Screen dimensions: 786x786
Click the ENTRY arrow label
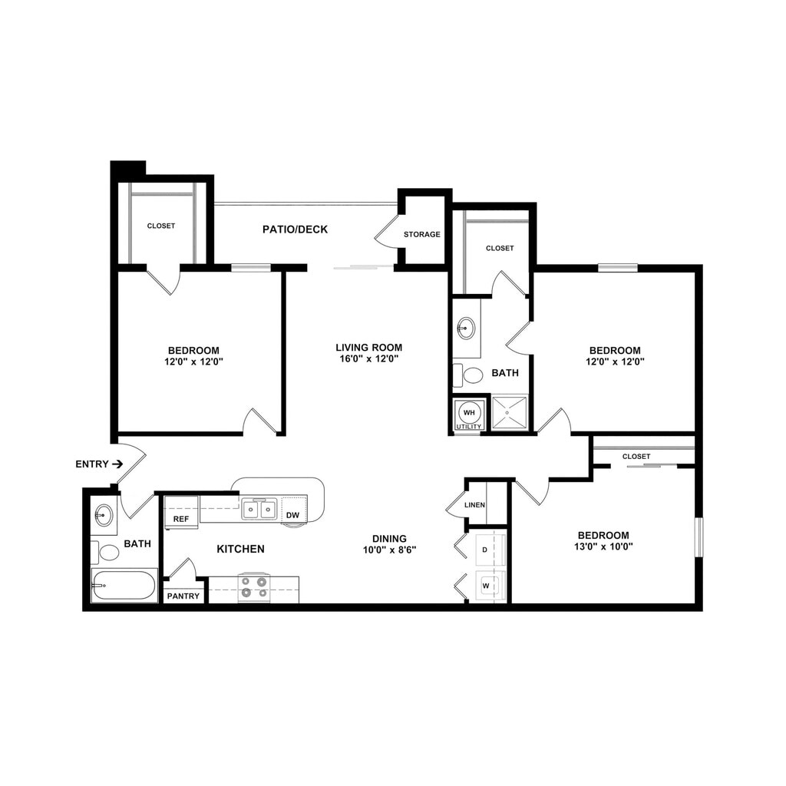(98, 464)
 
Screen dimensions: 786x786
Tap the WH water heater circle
(467, 412)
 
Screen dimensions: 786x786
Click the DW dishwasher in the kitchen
(292, 514)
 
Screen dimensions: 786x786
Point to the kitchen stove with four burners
(254, 587)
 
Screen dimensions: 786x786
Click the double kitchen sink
(259, 509)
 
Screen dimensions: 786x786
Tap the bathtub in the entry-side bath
(124, 586)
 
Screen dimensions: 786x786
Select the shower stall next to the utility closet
(510, 413)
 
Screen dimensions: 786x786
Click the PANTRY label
(183, 596)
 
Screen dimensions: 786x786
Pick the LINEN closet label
(474, 505)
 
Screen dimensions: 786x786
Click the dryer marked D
(485, 550)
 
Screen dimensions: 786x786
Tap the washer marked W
(485, 586)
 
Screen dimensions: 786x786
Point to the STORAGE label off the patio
(422, 234)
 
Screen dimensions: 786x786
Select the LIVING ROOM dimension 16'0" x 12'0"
(370, 358)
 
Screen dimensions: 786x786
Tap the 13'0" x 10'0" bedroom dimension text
(603, 547)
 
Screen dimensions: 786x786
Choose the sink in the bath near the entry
(103, 514)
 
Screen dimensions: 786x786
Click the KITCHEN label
(240, 549)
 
